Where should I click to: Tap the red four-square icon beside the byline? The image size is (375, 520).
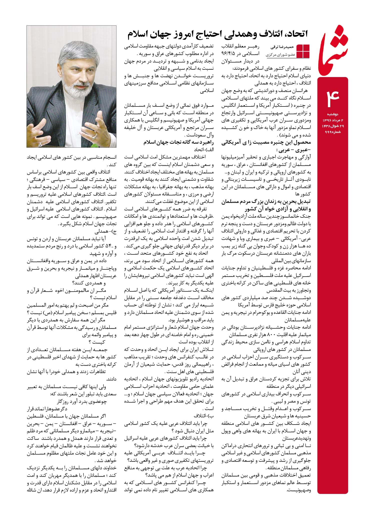click(303, 51)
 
